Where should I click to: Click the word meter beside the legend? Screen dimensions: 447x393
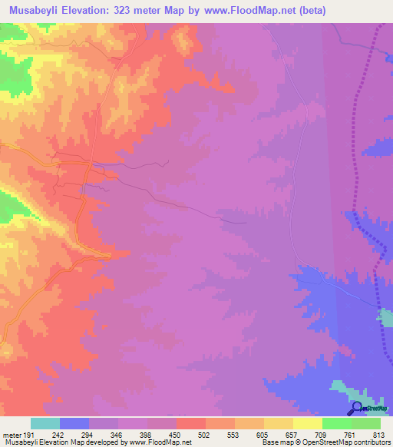pos(12,434)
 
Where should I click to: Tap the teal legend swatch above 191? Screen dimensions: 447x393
pos(45,423)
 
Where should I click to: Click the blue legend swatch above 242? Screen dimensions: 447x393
pos(74,423)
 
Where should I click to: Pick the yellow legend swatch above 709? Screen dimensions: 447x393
pos(308,423)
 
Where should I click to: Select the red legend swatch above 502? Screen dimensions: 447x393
pos(191,423)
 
